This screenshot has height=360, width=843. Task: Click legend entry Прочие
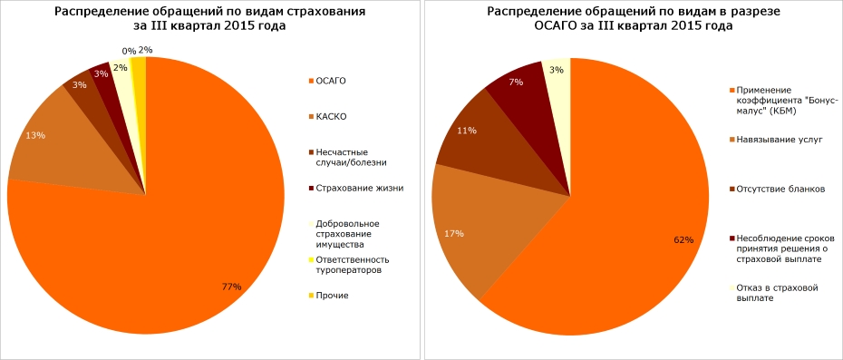point(333,295)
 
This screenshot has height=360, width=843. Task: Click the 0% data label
point(129,52)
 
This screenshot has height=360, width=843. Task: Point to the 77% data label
point(232,287)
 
